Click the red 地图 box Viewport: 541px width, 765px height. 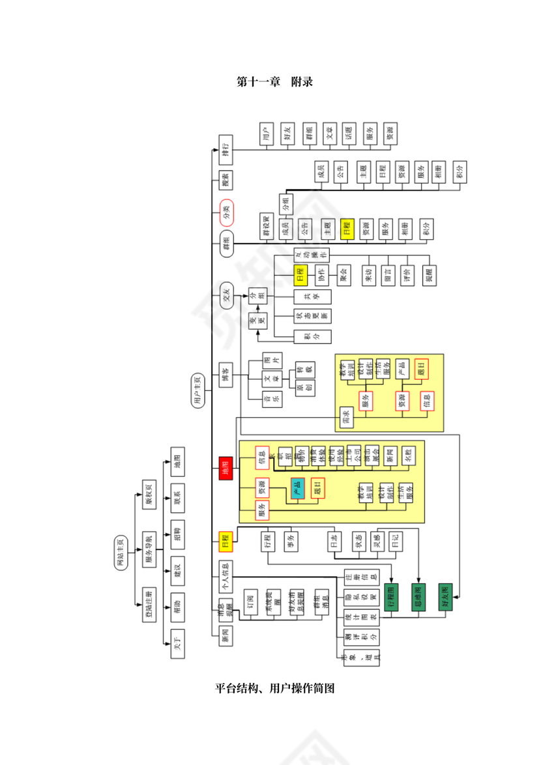click(x=226, y=469)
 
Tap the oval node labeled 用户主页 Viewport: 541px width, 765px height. click(x=197, y=391)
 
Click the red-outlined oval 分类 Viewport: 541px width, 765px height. click(x=226, y=212)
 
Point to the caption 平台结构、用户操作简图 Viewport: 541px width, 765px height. click(x=274, y=688)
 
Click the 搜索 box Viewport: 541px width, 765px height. click(x=226, y=180)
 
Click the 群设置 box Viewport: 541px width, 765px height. click(x=266, y=227)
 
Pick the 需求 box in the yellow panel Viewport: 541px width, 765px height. click(x=346, y=419)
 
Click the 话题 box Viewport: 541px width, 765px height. click(x=349, y=135)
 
